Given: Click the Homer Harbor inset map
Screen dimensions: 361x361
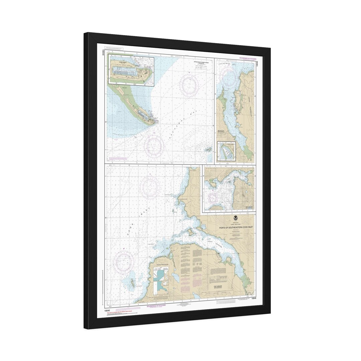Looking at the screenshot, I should [130, 70].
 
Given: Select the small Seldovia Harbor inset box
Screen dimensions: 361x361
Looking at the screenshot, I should [226, 151].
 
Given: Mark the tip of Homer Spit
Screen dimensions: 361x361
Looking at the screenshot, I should [154, 123].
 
